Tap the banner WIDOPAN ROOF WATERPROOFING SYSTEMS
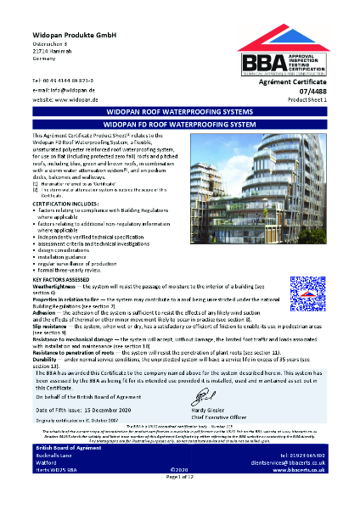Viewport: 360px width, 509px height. [x=180, y=110]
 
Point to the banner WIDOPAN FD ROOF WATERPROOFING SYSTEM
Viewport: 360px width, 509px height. [x=180, y=124]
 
